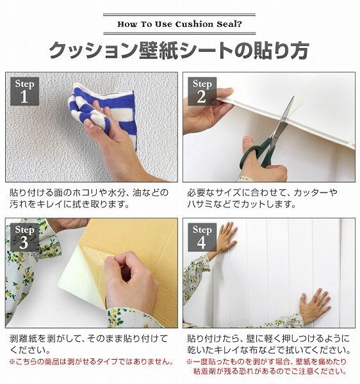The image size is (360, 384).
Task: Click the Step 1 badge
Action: [x=24, y=91]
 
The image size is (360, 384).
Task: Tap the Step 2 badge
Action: [x=202, y=91]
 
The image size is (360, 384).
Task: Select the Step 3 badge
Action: [x=24, y=237]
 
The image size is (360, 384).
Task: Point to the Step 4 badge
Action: [x=202, y=237]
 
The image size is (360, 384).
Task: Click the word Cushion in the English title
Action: [x=194, y=24]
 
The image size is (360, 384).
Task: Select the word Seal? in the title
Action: [x=229, y=24]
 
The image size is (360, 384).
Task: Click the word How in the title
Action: [x=127, y=24]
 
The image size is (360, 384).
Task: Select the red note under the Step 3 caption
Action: [x=92, y=362]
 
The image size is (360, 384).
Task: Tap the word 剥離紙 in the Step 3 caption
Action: [x=23, y=339]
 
